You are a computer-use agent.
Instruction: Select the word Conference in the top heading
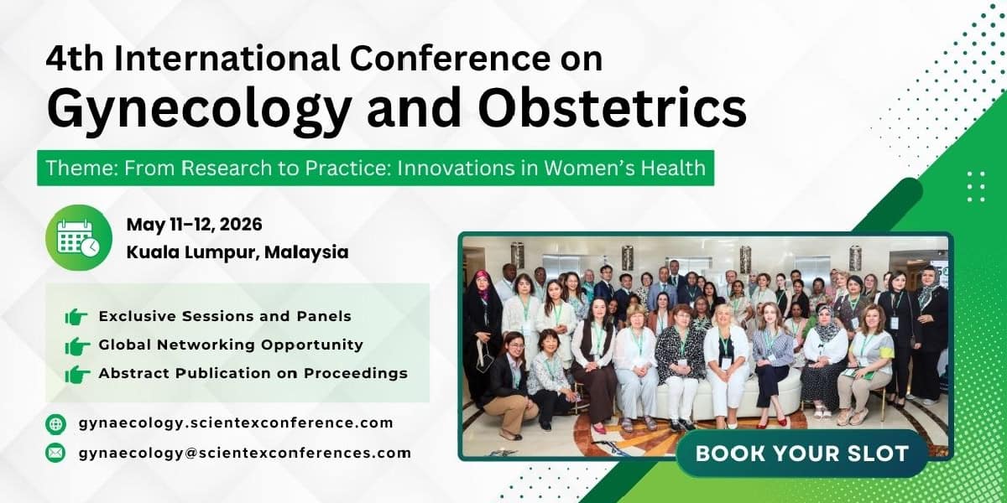click(x=450, y=59)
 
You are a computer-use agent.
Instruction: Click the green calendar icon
click(x=79, y=237)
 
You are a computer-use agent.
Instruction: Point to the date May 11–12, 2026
click(x=194, y=225)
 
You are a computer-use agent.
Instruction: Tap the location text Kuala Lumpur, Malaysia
click(x=237, y=252)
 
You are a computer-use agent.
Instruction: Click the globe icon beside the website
click(x=55, y=424)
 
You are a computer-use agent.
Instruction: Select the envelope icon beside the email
click(x=55, y=453)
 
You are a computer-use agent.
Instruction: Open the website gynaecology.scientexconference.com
click(x=236, y=423)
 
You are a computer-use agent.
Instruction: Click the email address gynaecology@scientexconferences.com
click(x=245, y=454)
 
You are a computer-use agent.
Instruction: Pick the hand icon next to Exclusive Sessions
click(x=76, y=317)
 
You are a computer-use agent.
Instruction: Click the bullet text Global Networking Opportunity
click(x=231, y=345)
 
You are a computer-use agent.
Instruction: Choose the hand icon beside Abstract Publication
click(x=77, y=374)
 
